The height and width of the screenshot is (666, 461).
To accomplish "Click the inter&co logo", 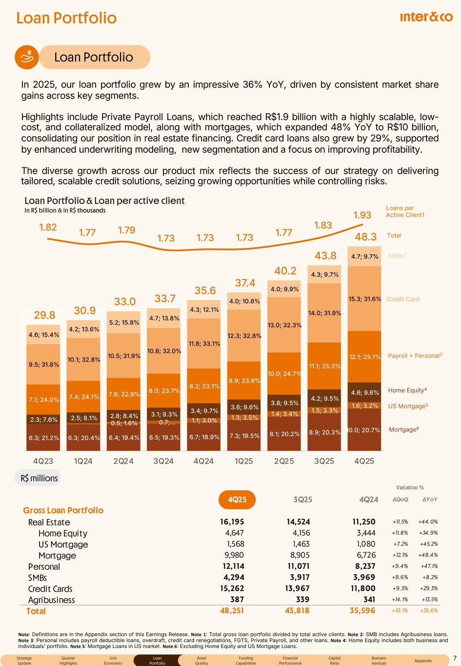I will point(426,17).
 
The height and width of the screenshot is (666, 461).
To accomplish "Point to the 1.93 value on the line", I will point(362,215).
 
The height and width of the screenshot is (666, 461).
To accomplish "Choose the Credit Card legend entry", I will point(403,299).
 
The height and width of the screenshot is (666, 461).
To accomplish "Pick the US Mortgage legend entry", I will point(408,406).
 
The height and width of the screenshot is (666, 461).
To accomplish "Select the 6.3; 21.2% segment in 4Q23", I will point(43,438).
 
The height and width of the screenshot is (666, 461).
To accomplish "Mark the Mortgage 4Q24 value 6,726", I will point(365,556).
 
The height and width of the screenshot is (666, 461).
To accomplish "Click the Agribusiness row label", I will point(52,600).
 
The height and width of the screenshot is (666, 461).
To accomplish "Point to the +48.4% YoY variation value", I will point(428,556).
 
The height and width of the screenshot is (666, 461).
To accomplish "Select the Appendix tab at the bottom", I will point(423,661).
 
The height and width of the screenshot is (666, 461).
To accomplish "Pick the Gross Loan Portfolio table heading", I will point(63,510).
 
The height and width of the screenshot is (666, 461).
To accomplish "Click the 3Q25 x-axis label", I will point(324,461).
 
